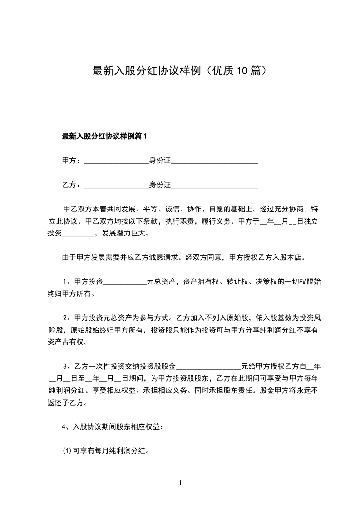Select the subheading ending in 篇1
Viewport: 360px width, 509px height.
[105, 136]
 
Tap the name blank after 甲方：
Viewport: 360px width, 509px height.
[116, 161]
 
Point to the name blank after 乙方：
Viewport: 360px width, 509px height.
[116, 185]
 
